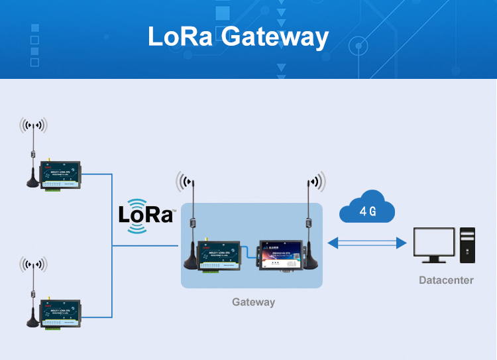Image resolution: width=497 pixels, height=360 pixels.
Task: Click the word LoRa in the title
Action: click(x=180, y=36)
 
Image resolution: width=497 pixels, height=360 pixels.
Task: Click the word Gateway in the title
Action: click(x=275, y=38)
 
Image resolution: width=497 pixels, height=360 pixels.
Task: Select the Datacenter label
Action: click(x=446, y=280)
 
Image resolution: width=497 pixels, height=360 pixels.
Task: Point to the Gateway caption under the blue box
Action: click(x=253, y=302)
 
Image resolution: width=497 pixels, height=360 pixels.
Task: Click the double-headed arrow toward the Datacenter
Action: click(x=367, y=243)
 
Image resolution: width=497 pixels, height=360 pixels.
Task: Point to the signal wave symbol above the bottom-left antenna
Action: click(x=33, y=265)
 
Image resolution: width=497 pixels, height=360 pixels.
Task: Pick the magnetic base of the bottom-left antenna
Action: click(x=32, y=321)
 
